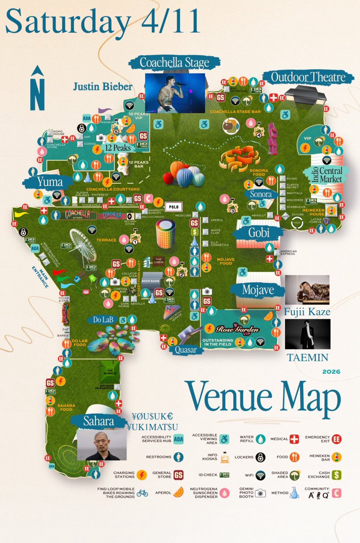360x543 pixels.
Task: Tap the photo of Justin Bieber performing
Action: (175, 93)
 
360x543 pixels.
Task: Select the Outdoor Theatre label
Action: (307, 77)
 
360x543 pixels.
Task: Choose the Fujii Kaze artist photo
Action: (307, 290)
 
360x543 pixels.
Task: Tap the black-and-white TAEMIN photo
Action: (307, 334)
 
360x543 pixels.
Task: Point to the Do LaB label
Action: (104, 319)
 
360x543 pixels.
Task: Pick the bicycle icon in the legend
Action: (142, 493)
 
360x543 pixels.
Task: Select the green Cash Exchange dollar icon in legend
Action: (336, 475)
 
